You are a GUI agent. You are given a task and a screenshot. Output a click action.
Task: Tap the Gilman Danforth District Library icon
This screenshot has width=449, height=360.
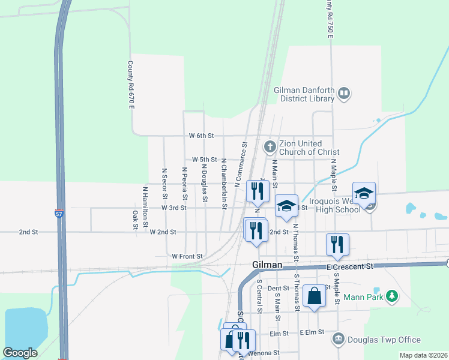tap(344, 93)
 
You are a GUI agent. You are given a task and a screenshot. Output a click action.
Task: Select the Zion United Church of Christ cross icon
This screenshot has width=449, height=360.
tap(270, 146)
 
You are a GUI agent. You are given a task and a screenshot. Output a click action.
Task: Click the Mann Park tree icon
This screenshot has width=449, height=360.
tap(392, 295)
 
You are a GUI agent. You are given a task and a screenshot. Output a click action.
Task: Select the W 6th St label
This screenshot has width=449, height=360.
tap(202, 136)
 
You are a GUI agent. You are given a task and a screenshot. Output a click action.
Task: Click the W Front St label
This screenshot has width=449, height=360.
tap(187, 256)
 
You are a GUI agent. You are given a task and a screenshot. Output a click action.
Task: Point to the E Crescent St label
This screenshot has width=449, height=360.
tap(351, 265)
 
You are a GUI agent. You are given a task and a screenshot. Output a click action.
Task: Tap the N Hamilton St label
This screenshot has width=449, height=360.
tap(145, 206)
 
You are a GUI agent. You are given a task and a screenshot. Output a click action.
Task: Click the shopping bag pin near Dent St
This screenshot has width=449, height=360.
tap(315, 295)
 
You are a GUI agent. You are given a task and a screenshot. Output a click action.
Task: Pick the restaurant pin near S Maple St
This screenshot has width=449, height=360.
tap(337, 244)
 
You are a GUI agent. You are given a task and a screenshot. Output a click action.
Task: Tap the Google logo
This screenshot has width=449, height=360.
tap(20, 353)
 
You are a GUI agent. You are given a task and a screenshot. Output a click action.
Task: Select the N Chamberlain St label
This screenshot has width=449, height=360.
tap(224, 184)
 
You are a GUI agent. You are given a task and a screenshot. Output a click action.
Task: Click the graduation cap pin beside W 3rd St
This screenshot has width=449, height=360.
tap(287, 205)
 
